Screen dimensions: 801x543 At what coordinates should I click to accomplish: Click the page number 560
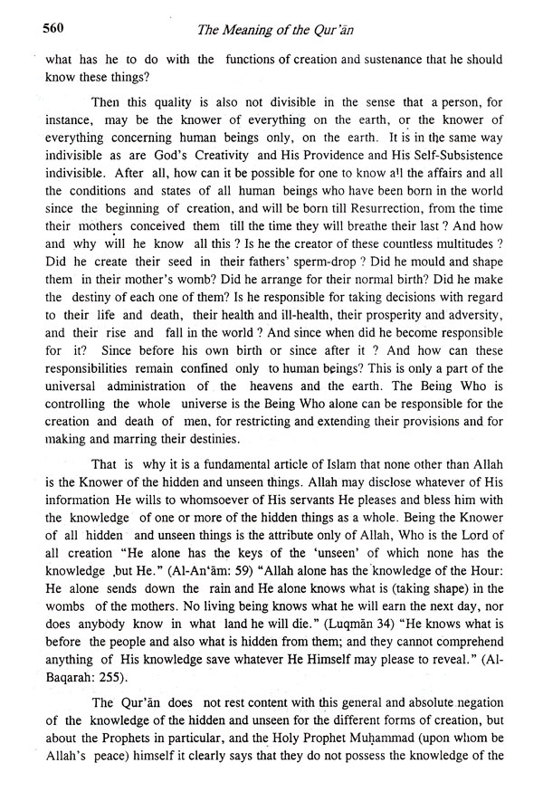(31, 29)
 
